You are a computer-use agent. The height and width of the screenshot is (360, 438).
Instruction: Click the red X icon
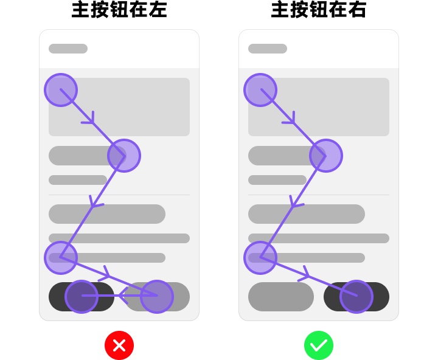pyautogui.click(x=119, y=345)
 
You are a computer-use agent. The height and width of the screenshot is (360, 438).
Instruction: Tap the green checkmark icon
pyautogui.click(x=319, y=345)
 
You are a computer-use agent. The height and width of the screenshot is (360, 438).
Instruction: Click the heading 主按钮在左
pyautogui.click(x=119, y=10)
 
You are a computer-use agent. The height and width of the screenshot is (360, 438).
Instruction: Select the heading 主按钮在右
pyautogui.click(x=319, y=10)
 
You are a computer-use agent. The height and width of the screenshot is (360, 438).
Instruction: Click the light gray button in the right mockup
pyautogui.click(x=280, y=297)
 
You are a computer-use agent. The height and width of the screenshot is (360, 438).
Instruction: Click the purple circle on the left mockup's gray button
pyautogui.click(x=157, y=297)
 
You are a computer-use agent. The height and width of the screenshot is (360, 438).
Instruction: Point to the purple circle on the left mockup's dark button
pyautogui.click(x=82, y=297)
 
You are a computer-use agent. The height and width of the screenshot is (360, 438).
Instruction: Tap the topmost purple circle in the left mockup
pyautogui.click(x=61, y=90)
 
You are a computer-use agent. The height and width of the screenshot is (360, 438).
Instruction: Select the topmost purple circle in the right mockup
pyautogui.click(x=260, y=90)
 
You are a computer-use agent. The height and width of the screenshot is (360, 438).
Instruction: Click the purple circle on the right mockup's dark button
pyautogui.click(x=356, y=297)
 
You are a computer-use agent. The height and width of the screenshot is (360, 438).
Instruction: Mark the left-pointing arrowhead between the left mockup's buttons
pyautogui.click(x=123, y=296)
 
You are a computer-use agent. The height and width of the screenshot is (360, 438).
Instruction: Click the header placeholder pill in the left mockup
pyautogui.click(x=68, y=49)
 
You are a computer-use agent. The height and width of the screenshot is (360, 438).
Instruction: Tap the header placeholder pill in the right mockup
pyautogui.click(x=268, y=49)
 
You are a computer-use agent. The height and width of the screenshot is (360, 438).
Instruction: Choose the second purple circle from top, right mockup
pyautogui.click(x=325, y=156)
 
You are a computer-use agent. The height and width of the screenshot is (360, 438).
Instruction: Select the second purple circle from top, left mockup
pyautogui.click(x=124, y=156)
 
